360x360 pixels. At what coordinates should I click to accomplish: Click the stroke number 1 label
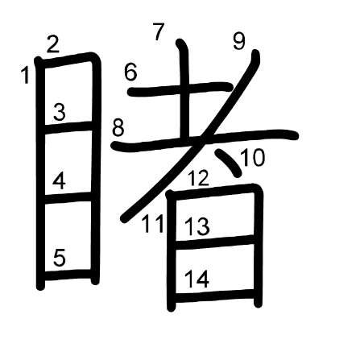tap(26, 76)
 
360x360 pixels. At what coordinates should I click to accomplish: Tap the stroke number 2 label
tap(52, 44)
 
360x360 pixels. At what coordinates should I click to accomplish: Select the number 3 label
tap(60, 112)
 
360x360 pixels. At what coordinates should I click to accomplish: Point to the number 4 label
tap(59, 181)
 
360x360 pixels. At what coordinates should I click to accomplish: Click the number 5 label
tap(60, 258)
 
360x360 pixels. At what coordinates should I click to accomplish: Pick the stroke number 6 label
tap(130, 72)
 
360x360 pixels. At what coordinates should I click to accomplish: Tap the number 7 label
tap(159, 31)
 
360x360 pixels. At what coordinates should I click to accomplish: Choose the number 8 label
tap(118, 127)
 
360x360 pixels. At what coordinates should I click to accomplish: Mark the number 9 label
tap(239, 41)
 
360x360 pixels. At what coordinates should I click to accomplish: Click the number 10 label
tap(253, 158)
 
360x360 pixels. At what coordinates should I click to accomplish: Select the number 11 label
tap(152, 224)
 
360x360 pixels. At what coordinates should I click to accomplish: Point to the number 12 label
tap(198, 178)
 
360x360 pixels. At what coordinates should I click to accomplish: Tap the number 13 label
tap(197, 226)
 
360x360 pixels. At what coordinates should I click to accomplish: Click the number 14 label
tap(197, 279)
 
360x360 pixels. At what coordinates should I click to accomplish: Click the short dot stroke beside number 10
tap(228, 163)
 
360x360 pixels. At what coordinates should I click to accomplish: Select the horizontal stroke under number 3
tap(68, 126)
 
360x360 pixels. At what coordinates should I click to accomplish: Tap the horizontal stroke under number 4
tap(68, 197)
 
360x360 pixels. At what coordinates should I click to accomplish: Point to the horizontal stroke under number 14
tap(214, 295)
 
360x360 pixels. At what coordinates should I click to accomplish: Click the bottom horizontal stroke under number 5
tap(68, 275)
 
